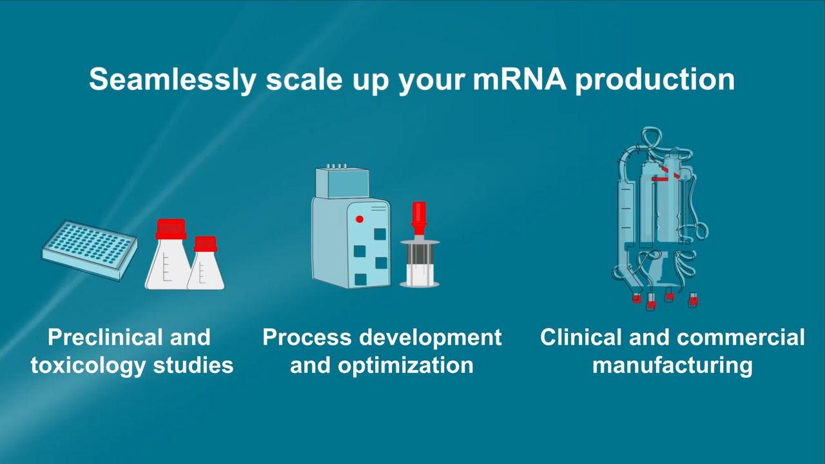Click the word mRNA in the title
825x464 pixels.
click(519, 79)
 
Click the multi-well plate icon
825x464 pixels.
click(89, 250)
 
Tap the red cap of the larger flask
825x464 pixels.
click(171, 229)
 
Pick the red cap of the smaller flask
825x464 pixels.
click(206, 244)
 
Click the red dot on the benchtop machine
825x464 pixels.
click(360, 219)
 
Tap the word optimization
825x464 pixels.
click(405, 366)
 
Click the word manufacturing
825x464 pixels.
click(672, 366)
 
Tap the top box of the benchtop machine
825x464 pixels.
click(342, 182)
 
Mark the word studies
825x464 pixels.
click(193, 365)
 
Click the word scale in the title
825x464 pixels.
click(304, 80)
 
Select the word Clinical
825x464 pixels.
click(581, 337)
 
